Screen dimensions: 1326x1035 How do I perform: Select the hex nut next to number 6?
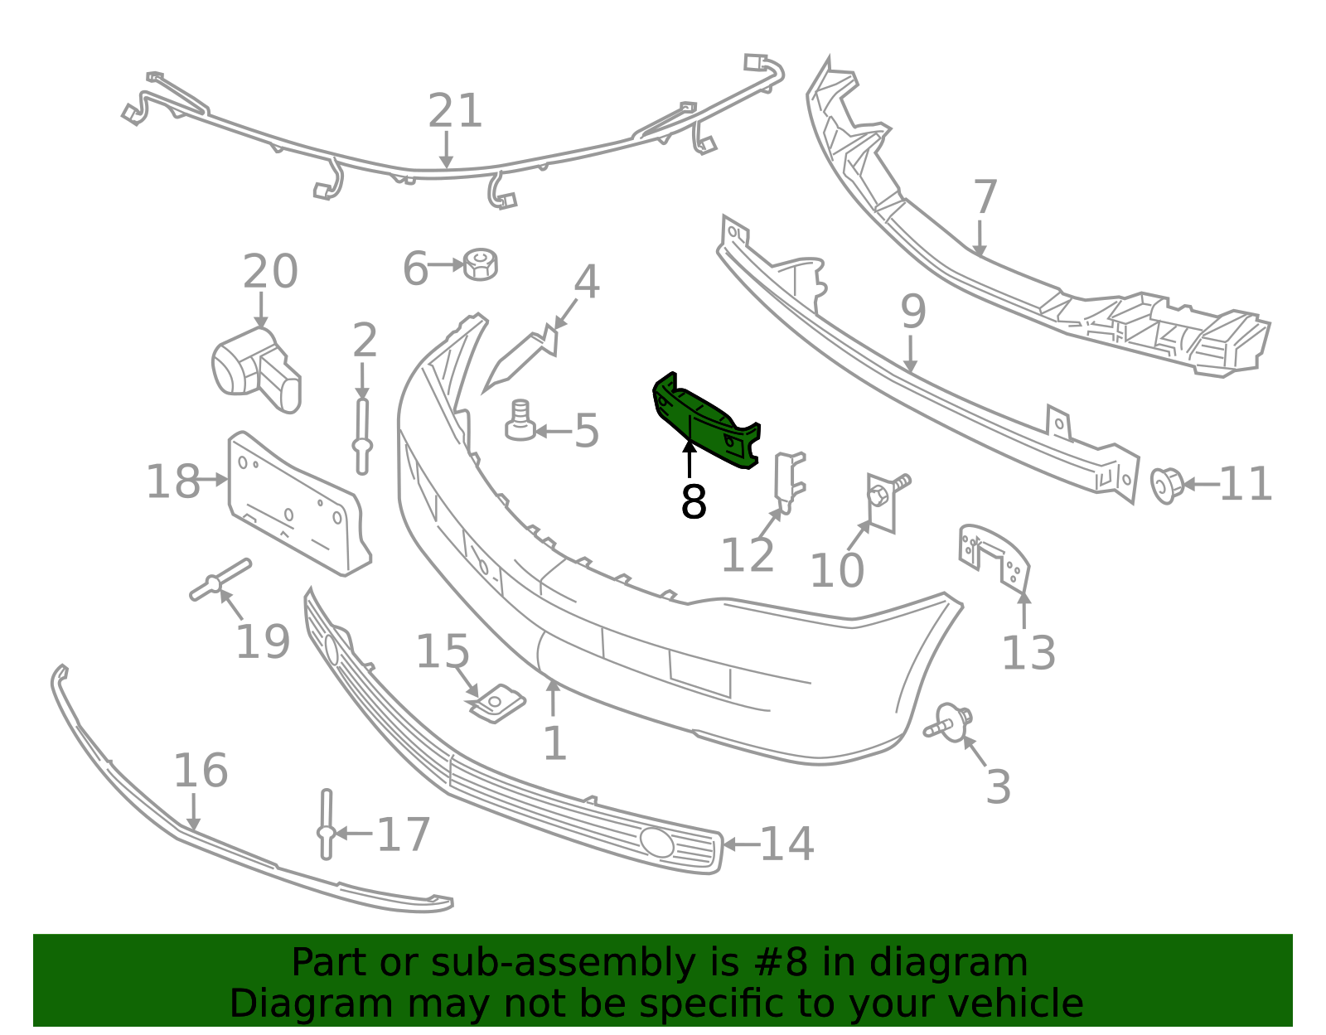point(480,264)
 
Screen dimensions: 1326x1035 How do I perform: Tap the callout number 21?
point(455,111)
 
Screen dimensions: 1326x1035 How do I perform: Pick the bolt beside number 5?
point(520,421)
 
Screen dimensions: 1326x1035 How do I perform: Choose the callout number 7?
point(985,197)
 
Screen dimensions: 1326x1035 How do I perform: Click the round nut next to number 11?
point(1166,486)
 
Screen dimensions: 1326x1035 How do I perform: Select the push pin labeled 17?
point(326,825)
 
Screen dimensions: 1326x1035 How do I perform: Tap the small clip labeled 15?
point(496,704)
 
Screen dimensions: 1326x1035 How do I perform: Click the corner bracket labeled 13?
point(994,558)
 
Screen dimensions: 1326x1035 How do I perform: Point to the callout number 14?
point(786,844)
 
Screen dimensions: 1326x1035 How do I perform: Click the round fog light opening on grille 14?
point(656,843)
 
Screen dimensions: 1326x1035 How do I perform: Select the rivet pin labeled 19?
point(220,580)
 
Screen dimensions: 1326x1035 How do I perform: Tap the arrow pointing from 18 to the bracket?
point(211,480)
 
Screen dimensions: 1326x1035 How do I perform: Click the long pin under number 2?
point(362,437)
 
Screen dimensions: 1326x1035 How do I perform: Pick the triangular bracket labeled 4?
point(522,358)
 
